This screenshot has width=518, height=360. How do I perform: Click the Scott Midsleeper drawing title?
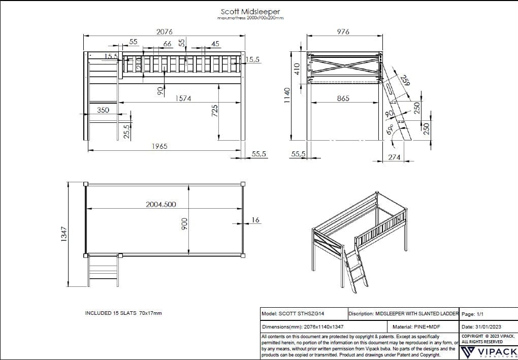pyautogui.click(x=250, y=11)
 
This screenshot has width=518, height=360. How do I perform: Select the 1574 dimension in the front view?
pyautogui.click(x=183, y=99)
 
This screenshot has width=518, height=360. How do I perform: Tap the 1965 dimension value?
pyautogui.click(x=159, y=146)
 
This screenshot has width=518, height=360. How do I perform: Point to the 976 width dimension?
pyautogui.click(x=343, y=31)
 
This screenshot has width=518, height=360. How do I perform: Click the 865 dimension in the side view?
pyautogui.click(x=343, y=99)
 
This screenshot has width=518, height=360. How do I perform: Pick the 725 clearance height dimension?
pyautogui.click(x=215, y=110)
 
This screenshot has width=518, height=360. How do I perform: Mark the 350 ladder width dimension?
pyautogui.click(x=103, y=110)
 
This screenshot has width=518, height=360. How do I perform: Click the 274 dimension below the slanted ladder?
pyautogui.click(x=394, y=157)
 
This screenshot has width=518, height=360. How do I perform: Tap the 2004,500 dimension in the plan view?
pyautogui.click(x=161, y=204)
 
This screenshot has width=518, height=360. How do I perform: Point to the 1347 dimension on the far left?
pyautogui.click(x=64, y=234)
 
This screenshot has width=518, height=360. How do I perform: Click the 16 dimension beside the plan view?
pyautogui.click(x=255, y=220)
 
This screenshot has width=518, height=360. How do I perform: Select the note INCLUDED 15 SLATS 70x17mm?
pyautogui.click(x=123, y=313)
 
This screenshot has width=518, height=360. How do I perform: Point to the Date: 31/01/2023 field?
pyautogui.click(x=482, y=328)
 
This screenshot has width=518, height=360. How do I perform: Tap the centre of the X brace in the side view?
pyautogui.click(x=344, y=66)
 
